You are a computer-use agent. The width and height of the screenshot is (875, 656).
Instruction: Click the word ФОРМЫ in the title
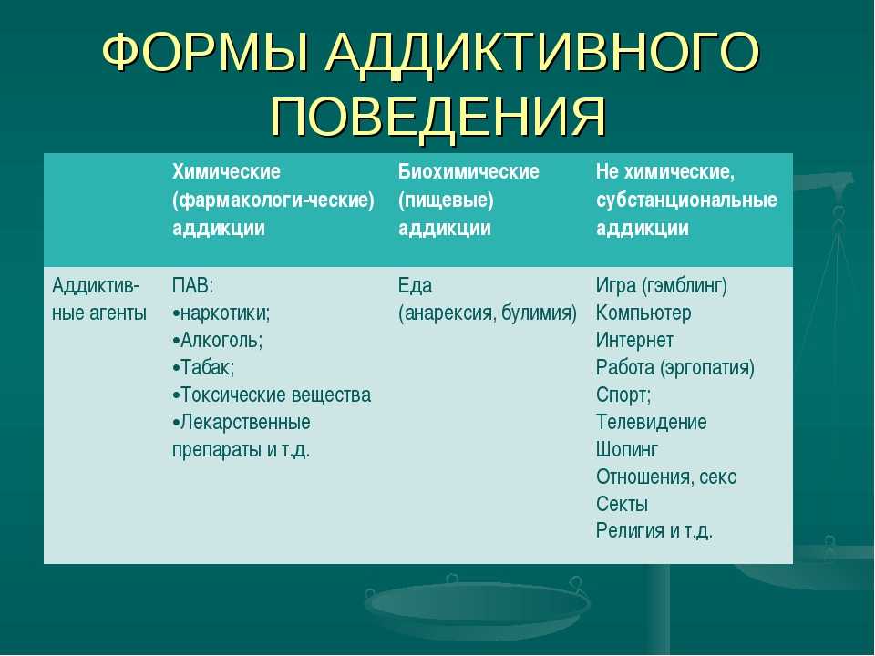(x=205, y=52)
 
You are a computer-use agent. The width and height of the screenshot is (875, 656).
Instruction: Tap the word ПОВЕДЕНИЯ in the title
(x=438, y=116)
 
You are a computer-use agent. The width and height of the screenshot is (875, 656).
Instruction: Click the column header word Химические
(x=227, y=171)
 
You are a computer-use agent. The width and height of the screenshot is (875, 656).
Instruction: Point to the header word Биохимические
(x=468, y=171)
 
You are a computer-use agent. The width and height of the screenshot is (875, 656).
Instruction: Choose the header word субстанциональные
(x=686, y=200)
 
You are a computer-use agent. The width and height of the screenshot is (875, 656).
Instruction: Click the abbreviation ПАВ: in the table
(x=193, y=285)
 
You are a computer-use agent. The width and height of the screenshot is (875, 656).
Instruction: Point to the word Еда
(x=416, y=285)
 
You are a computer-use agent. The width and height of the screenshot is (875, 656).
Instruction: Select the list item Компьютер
(x=643, y=313)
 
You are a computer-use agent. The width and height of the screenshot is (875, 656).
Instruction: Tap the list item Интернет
(x=634, y=340)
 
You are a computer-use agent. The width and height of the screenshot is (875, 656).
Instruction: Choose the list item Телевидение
(x=651, y=422)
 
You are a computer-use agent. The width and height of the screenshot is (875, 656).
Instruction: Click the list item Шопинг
(x=627, y=449)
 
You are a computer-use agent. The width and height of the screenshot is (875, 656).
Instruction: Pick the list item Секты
(x=623, y=504)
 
